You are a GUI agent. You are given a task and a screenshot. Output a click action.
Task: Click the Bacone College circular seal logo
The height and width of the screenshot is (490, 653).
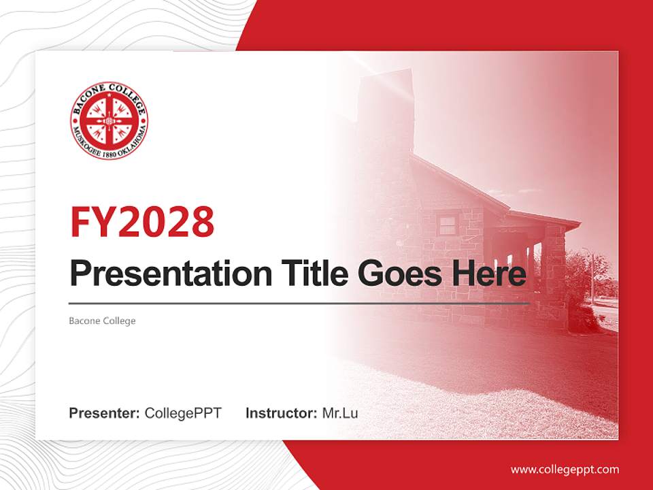click(109, 121)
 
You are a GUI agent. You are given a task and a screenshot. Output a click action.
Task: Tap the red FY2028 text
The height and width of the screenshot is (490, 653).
click(142, 221)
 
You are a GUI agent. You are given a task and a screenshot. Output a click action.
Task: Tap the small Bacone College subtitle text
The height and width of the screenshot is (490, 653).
click(102, 321)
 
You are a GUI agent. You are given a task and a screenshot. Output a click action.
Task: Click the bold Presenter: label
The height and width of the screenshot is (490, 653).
click(105, 413)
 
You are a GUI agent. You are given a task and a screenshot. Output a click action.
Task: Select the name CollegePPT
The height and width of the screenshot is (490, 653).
click(183, 413)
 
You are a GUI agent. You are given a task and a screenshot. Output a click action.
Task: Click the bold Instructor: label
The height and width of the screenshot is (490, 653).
click(282, 413)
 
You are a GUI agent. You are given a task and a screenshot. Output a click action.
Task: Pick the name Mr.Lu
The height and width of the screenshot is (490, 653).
click(340, 413)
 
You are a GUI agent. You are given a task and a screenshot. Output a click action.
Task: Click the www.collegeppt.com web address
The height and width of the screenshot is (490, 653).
click(565, 469)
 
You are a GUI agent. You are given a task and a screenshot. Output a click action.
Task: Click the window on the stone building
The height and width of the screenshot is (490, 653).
click(447, 225)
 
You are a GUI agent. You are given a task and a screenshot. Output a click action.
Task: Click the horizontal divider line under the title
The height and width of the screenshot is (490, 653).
click(299, 304)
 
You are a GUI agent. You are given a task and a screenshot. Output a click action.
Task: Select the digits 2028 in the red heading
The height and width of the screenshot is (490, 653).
click(165, 221)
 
